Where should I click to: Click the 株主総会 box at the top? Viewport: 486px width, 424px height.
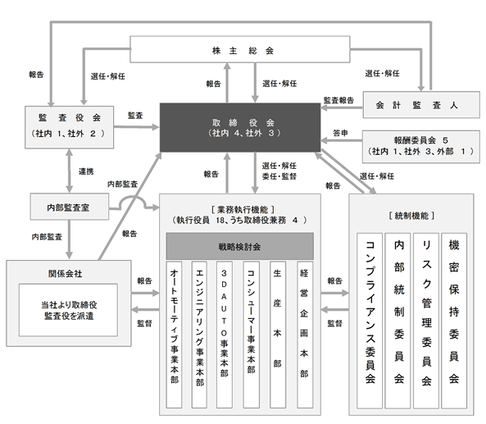click(x=240, y=49)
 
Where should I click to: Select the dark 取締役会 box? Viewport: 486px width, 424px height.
click(x=240, y=127)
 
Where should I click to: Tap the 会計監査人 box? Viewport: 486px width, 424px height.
click(x=421, y=105)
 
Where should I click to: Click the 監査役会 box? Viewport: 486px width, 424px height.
click(x=70, y=127)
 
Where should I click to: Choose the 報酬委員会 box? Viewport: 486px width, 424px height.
click(x=421, y=147)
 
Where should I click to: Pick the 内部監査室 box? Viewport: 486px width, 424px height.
click(x=70, y=207)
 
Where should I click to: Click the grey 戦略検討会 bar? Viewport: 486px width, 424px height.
click(x=240, y=246)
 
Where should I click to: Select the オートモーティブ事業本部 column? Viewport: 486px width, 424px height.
click(x=175, y=335)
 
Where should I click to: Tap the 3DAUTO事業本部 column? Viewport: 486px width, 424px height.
click(x=224, y=335)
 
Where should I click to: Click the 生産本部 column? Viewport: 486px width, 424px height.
click(x=278, y=335)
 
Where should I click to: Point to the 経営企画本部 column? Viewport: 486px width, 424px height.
click(x=305, y=335)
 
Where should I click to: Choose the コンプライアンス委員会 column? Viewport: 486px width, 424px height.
click(x=370, y=321)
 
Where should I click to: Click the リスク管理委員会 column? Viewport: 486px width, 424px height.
click(x=426, y=321)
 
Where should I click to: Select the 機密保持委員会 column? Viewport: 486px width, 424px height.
click(x=454, y=321)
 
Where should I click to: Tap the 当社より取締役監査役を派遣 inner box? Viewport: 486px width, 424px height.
click(x=68, y=310)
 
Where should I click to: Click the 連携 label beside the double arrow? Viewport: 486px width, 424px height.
click(x=86, y=171)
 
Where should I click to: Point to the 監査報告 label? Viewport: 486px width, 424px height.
click(x=338, y=100)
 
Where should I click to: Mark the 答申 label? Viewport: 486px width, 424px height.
click(x=340, y=133)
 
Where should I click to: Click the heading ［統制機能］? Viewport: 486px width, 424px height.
click(x=411, y=216)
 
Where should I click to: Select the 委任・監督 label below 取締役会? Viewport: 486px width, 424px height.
click(x=279, y=176)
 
